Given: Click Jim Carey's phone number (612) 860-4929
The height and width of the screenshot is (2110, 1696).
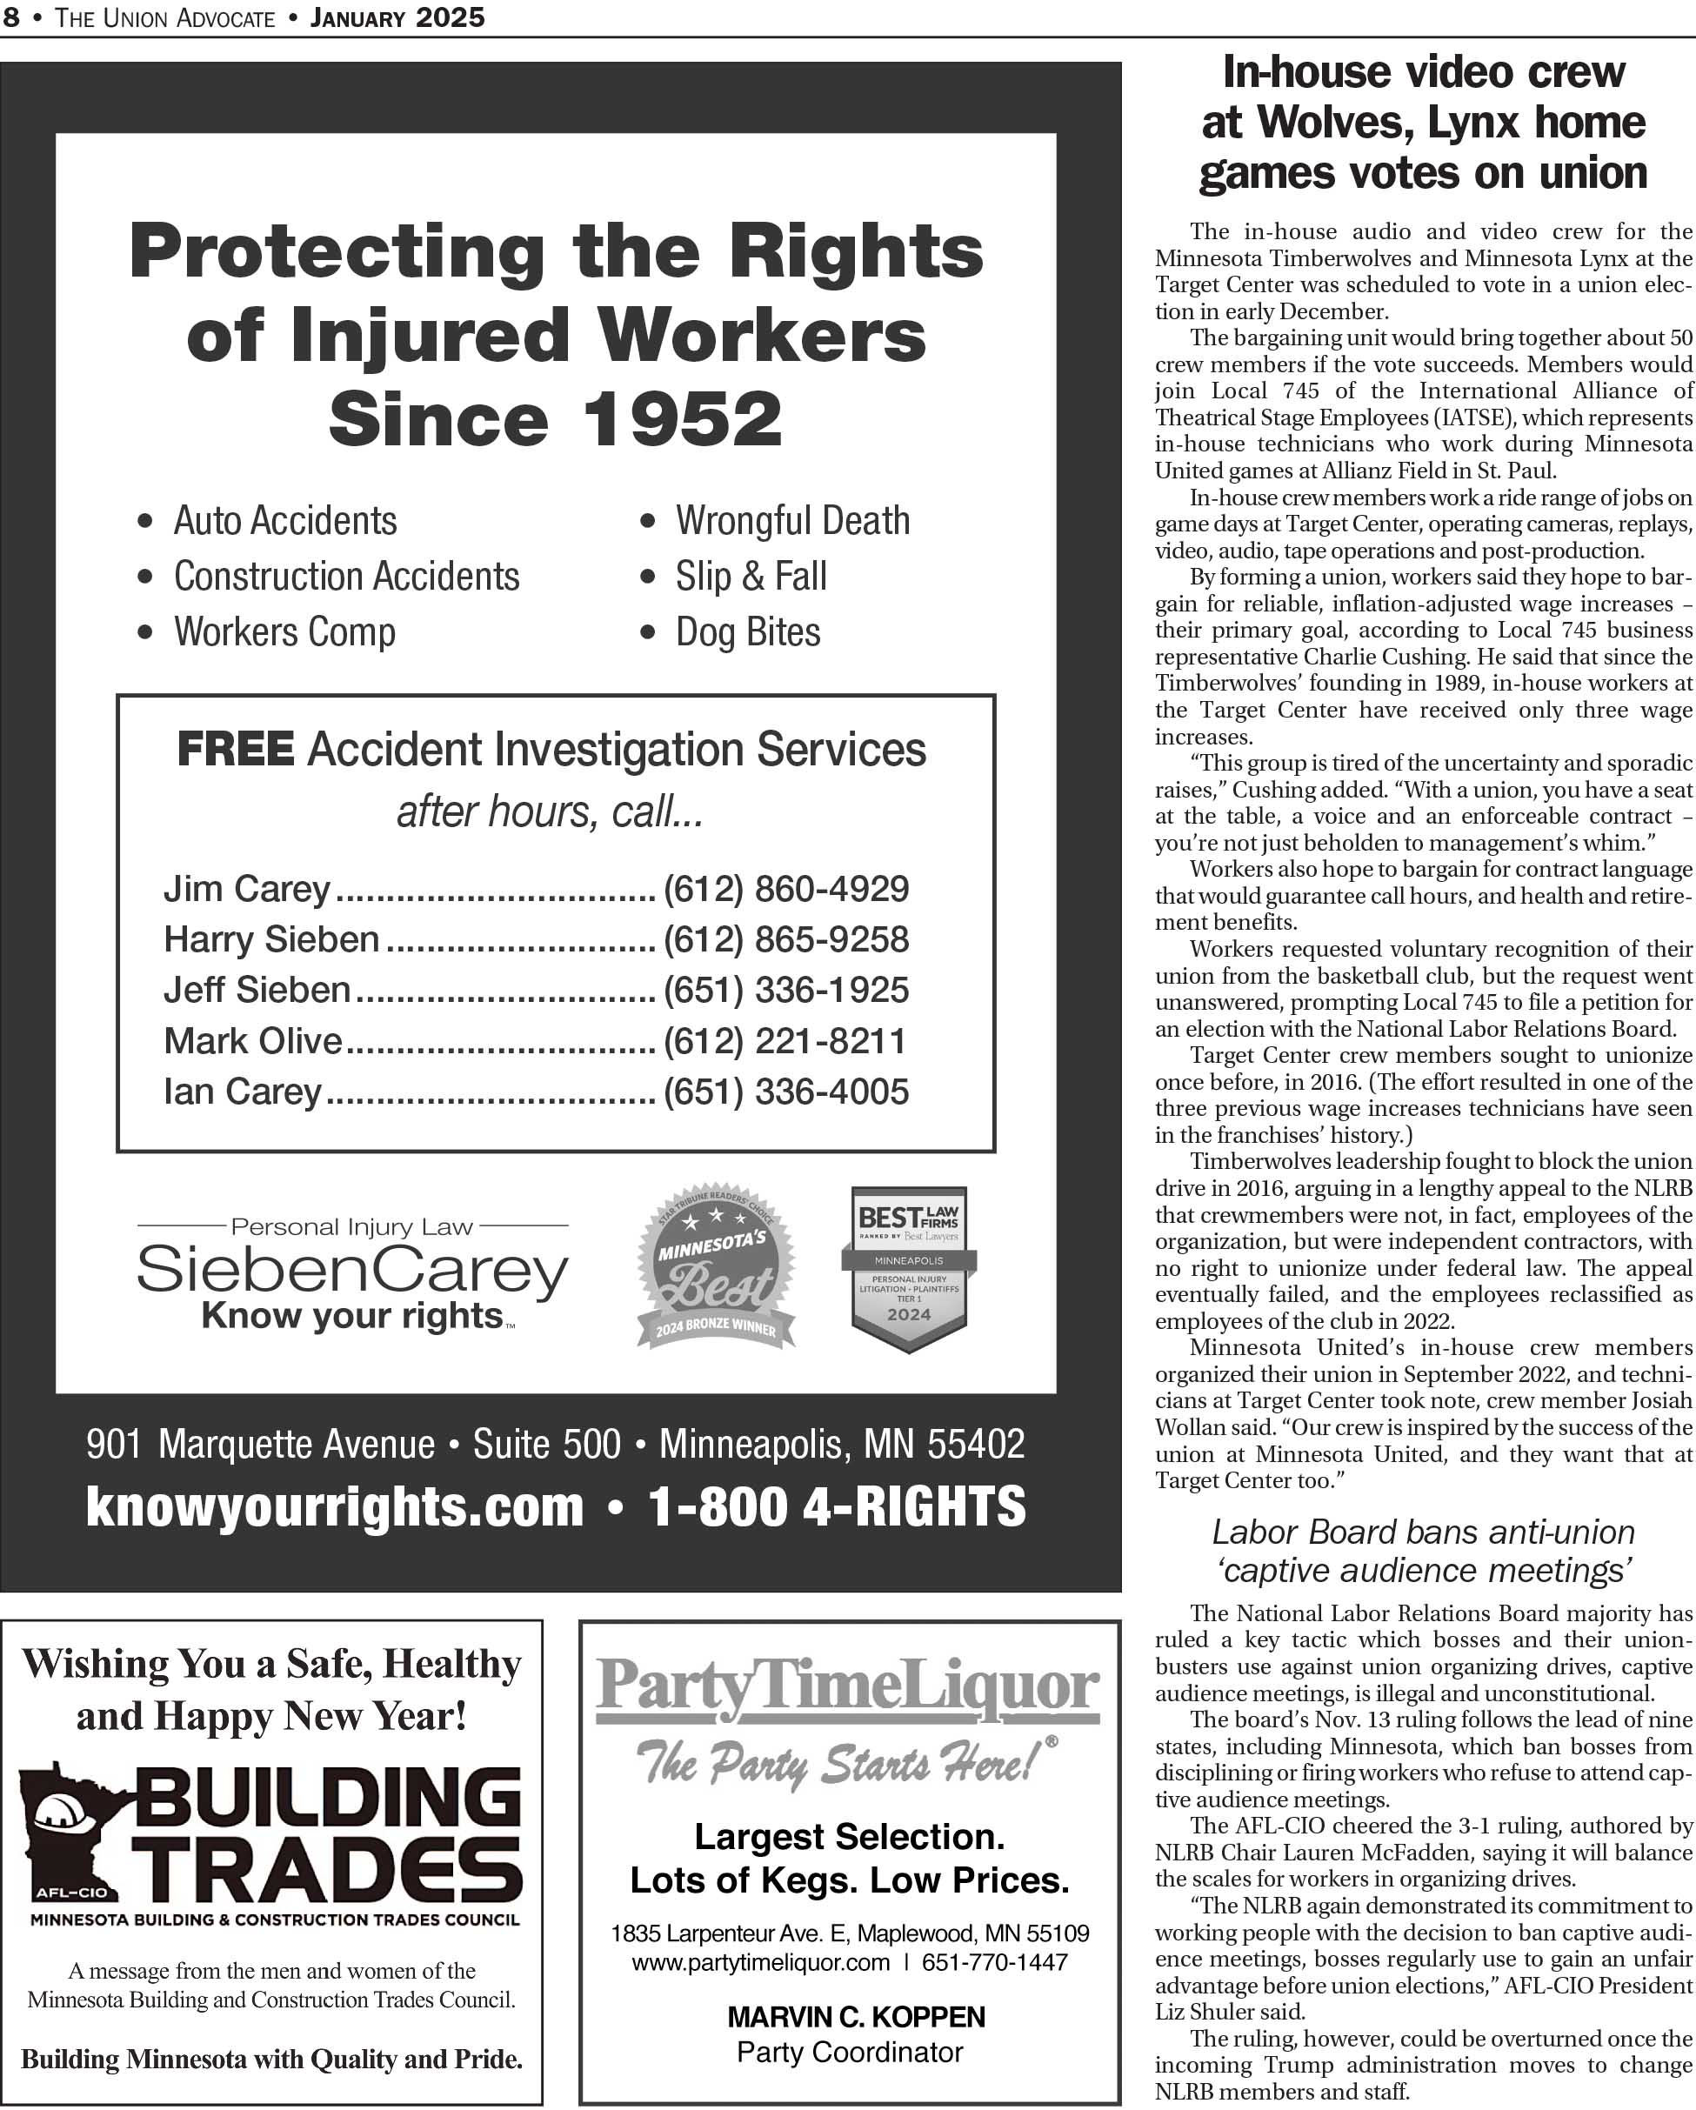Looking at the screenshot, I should pos(786,889).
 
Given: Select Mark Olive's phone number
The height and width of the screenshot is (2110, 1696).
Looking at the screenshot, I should pos(784,1040).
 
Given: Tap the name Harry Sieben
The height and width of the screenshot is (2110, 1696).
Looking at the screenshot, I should pos(271,939).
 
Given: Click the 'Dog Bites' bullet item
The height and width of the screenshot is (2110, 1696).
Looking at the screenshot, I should pos(748,632).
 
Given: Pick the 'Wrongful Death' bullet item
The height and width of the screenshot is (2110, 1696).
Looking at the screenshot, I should pos(791,521).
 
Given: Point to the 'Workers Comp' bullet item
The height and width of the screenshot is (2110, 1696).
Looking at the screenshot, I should pos(284,632).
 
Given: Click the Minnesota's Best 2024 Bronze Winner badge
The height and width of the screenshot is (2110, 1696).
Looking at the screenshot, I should pos(716,1266).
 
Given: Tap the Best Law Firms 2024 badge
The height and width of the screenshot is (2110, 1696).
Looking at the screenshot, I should pos(908,1268).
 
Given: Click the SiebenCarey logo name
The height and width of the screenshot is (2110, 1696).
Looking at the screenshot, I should pos(352,1271).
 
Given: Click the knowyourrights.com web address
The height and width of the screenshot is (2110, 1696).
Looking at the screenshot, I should pos(335,1506).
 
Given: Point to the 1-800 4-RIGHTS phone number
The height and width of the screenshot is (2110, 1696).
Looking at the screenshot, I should pos(837,1506).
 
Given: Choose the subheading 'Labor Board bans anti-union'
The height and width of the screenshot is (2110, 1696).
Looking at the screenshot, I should pos(1423,1532).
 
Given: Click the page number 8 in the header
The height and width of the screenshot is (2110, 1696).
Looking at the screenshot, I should pos(10,17).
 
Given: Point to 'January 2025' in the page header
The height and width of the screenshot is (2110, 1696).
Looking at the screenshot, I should pos(397,17).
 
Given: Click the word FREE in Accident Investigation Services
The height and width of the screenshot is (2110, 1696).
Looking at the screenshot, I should pos(235,750).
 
